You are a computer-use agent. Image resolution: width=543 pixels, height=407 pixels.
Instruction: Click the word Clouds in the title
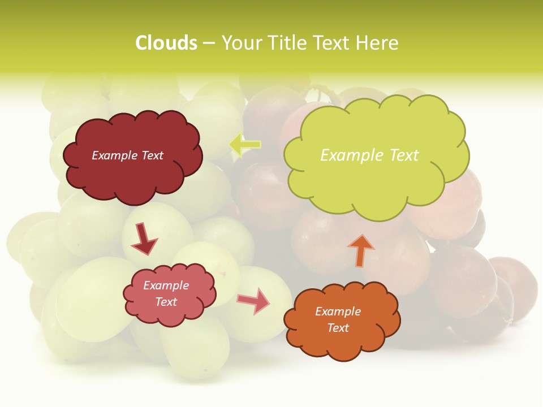tap(166, 43)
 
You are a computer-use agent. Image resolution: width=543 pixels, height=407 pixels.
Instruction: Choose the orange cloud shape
tap(342, 345)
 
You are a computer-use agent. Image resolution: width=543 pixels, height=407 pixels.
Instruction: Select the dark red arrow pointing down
tap(144, 239)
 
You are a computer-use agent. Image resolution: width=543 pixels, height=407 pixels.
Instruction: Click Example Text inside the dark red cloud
tap(127, 155)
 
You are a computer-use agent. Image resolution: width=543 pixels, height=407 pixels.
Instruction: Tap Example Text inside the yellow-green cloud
tap(369, 155)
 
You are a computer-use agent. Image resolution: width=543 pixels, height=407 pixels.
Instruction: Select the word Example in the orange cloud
tap(338, 311)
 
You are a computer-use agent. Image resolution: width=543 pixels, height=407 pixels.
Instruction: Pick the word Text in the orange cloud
tap(338, 328)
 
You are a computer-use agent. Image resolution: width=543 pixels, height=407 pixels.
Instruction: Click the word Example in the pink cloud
tap(166, 285)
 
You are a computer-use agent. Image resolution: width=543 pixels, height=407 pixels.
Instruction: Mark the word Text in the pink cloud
tap(166, 302)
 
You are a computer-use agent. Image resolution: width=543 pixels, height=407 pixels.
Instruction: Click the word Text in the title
tap(333, 43)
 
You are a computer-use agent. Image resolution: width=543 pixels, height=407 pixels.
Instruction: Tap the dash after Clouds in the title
tap(209, 43)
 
